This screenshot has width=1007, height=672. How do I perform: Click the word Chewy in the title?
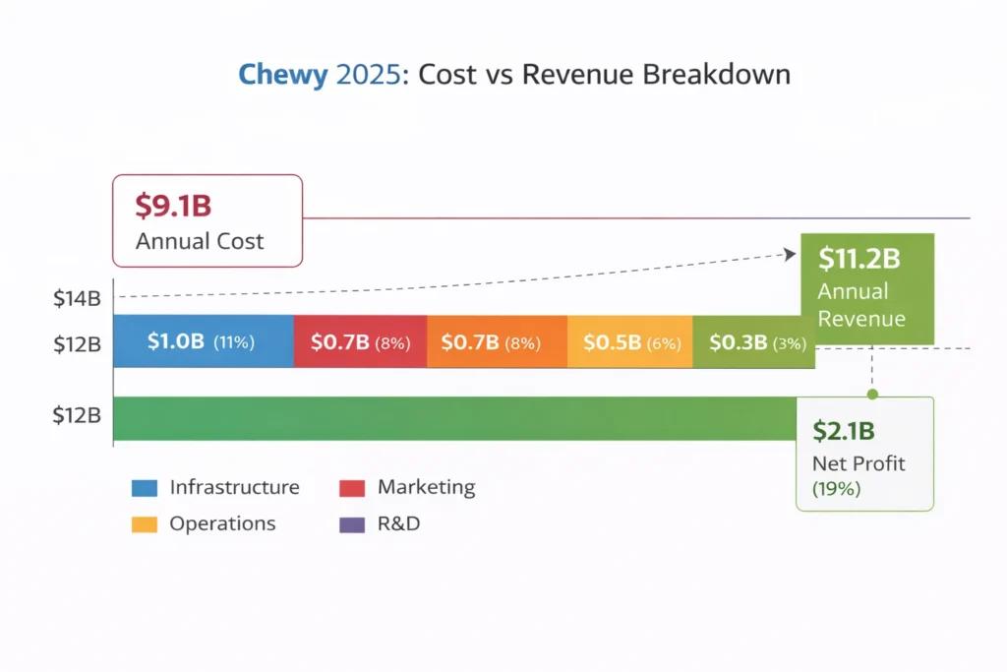coord(283,75)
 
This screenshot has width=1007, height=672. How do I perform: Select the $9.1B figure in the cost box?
coord(173,207)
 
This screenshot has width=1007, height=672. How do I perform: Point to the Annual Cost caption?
coord(200,241)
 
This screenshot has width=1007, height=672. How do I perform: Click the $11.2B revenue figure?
coord(859,259)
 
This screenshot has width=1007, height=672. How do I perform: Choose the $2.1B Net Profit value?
coord(844,431)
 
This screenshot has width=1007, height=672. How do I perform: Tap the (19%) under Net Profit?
coord(836,488)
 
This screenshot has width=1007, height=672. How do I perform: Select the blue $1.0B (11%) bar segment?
coord(203,342)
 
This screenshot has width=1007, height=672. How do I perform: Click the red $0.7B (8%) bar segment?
coord(360,342)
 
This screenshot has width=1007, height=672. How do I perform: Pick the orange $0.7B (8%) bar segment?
coord(497,342)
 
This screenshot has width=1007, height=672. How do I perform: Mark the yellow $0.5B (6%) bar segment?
coord(630,342)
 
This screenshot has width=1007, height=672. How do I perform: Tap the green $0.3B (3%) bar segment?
coord(752,342)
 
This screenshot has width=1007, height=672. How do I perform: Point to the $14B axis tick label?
coord(77,298)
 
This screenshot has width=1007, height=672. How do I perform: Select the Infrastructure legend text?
coord(234,487)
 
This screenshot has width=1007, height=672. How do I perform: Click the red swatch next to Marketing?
coord(352,488)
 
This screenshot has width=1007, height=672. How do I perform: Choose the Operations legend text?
coord(222,523)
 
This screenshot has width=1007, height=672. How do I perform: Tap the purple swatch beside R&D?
coord(352,524)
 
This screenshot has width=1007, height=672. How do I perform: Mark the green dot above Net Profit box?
coord(872,394)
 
